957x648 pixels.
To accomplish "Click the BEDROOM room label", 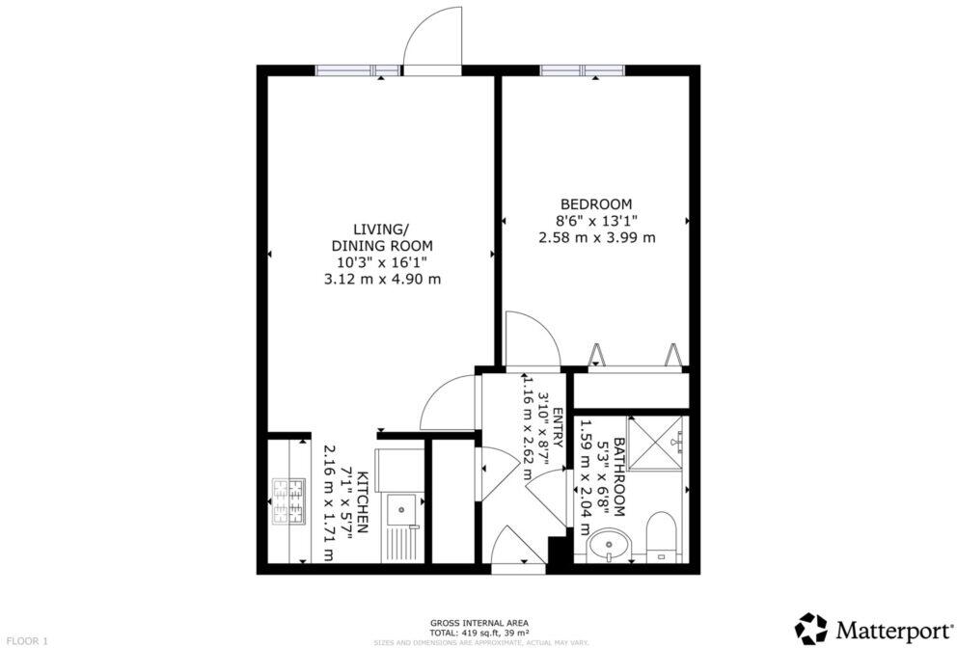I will click(x=596, y=203).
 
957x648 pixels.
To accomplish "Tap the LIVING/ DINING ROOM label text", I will click(x=380, y=236).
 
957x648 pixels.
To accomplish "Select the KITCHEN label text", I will click(x=363, y=502).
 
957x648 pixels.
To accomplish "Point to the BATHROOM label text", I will click(x=619, y=477).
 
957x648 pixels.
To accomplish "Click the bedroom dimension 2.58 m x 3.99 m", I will click(x=596, y=237).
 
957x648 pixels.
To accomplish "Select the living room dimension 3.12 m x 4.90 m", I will click(x=380, y=279).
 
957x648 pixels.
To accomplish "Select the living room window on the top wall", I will click(x=357, y=69).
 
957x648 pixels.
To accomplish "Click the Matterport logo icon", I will click(x=812, y=629).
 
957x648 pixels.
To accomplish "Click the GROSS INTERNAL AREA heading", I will click(x=478, y=622).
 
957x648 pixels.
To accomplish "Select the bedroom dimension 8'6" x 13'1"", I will click(x=596, y=220).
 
